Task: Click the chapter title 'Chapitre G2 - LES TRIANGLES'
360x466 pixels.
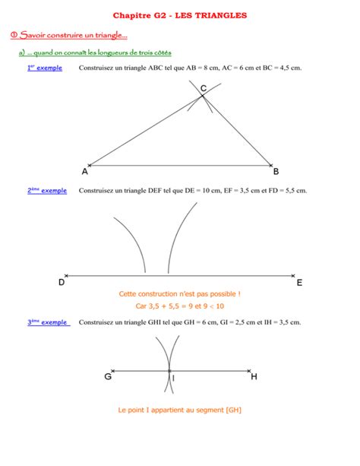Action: pos(180,15)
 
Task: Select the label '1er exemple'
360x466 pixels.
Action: pos(45,68)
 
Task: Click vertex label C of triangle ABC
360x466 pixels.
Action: pos(204,90)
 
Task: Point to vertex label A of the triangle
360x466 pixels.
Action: pos(84,172)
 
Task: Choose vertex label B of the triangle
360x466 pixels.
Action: pos(276,172)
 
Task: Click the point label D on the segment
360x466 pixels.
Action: pos(61,282)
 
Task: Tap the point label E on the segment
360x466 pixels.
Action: pos(299,282)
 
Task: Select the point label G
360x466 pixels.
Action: pos(109,376)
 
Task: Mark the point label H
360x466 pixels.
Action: pos(254,376)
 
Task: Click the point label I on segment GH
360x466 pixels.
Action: pos(174,378)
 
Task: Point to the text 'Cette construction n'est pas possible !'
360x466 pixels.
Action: pos(180,293)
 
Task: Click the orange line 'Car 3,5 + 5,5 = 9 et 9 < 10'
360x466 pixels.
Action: pos(180,306)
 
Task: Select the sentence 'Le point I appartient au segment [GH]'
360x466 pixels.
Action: pos(180,411)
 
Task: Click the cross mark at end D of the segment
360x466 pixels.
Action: pos(67,275)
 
